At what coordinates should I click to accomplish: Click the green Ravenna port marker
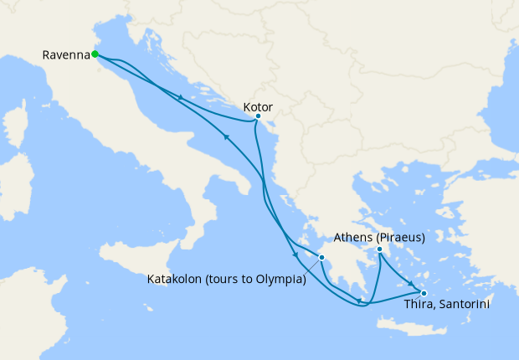point(95,54)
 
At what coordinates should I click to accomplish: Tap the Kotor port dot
point(258,116)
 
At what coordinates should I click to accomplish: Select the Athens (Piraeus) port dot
point(379,249)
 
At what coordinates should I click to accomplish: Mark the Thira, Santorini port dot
point(424,293)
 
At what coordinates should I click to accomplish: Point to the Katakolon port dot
point(321,257)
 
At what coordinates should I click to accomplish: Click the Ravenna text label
point(65,55)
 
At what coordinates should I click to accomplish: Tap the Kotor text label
point(257,106)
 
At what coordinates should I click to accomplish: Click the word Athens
point(352,238)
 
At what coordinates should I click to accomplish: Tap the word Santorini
point(463,306)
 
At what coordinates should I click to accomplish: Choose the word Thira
point(418,306)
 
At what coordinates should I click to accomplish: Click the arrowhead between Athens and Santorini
point(410,282)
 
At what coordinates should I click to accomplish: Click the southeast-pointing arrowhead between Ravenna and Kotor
point(181,98)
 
